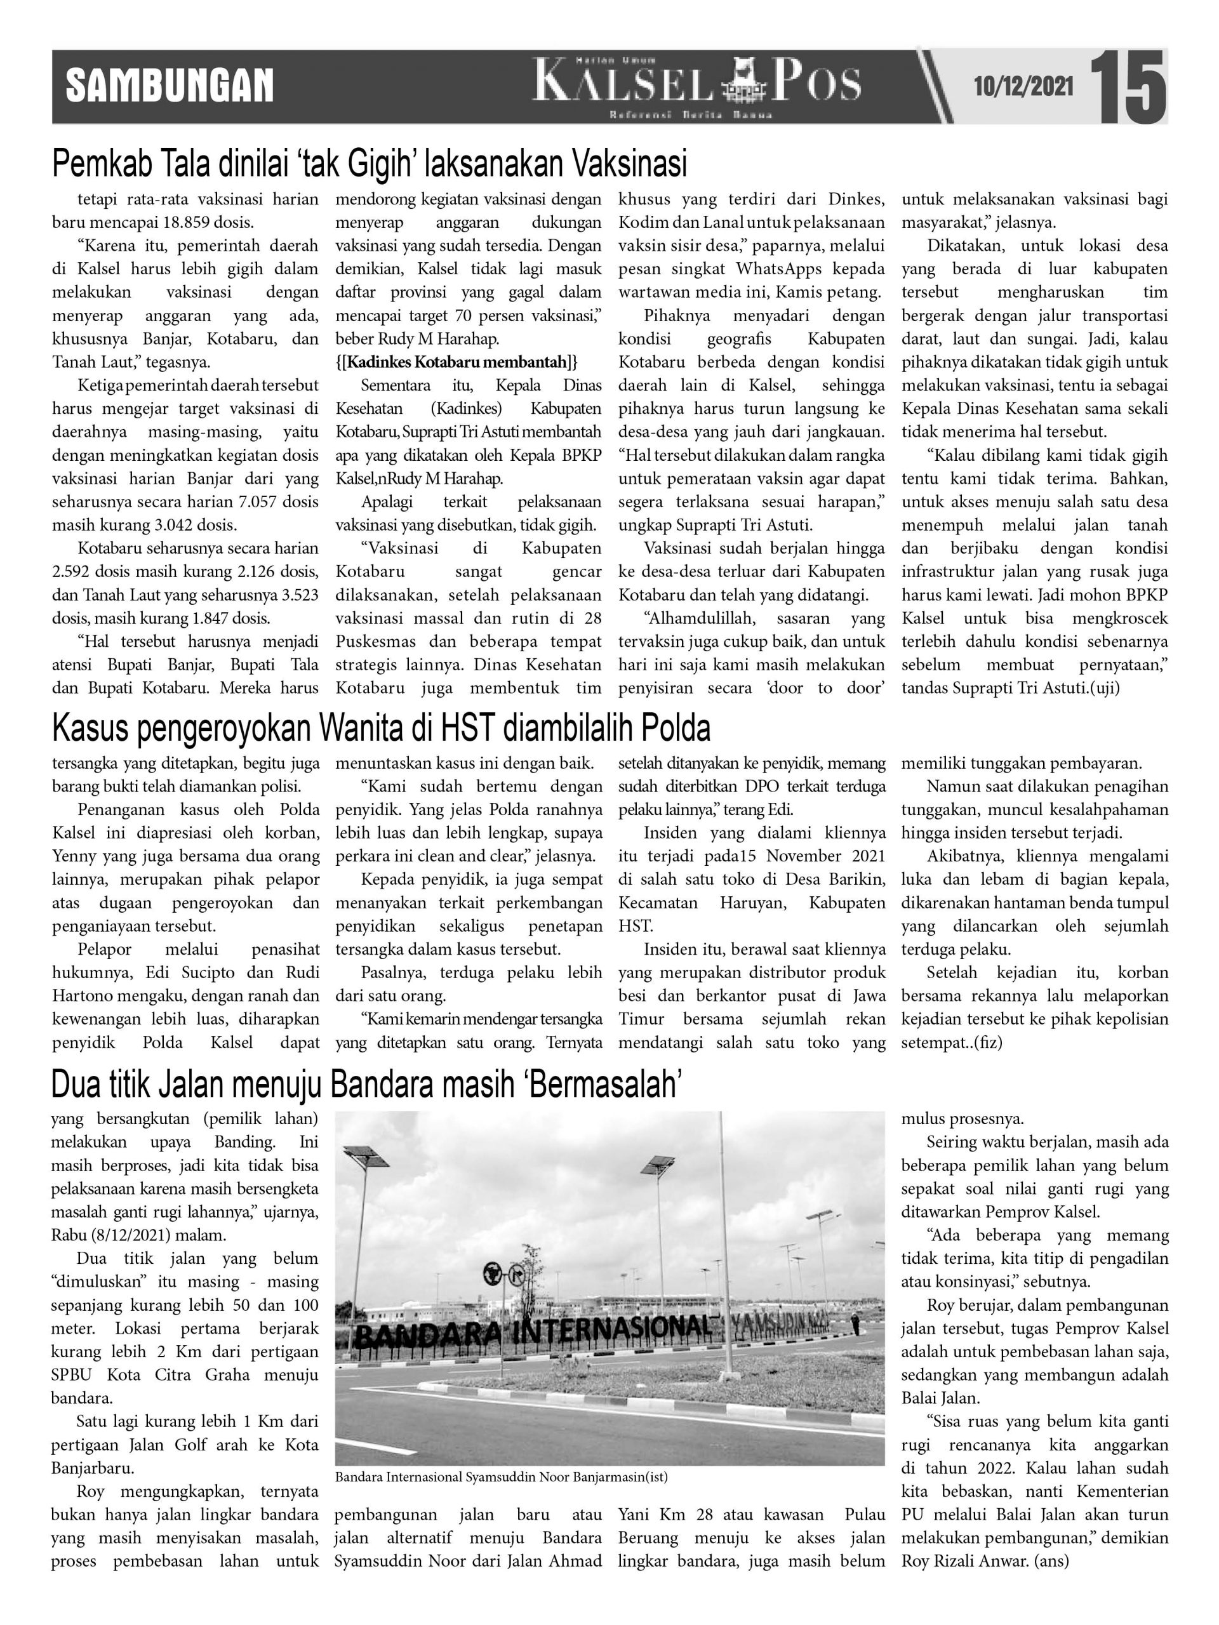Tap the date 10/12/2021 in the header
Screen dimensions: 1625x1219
(1023, 88)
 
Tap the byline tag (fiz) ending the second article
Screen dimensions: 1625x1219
(989, 1042)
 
